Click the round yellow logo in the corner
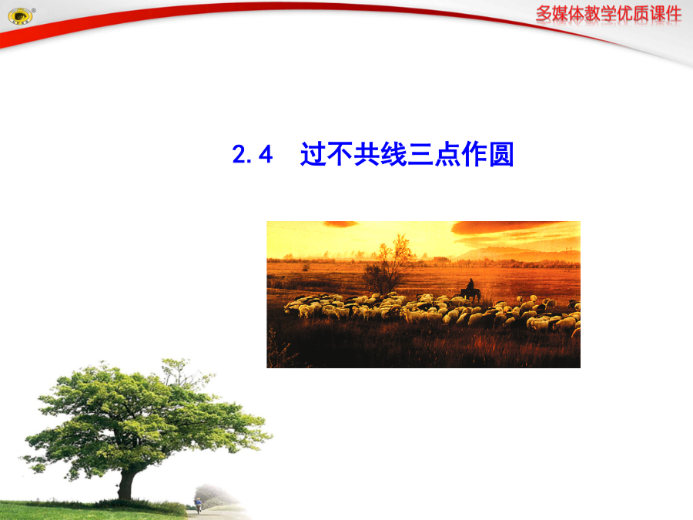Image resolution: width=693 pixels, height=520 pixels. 20,17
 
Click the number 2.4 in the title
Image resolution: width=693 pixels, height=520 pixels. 253,154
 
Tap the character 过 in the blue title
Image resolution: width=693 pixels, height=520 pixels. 313,154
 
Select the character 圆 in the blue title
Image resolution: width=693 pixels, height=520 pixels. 501,154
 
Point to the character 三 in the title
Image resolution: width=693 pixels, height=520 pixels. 420,154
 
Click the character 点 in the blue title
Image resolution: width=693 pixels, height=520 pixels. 447,154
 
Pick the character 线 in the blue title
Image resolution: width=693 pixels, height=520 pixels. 393,154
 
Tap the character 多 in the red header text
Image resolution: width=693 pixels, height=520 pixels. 544,14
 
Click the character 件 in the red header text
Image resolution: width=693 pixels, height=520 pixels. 674,14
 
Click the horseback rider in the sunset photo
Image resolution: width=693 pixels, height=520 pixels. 470,290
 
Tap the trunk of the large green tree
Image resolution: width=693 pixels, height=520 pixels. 126,485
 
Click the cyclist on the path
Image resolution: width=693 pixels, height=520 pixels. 199,505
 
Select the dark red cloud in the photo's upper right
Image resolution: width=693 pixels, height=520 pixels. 508,227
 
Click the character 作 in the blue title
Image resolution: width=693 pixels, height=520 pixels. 474,154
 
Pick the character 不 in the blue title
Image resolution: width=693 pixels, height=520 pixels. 340,154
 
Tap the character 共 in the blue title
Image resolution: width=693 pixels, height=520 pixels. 367,154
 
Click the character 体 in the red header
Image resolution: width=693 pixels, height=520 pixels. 576,14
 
